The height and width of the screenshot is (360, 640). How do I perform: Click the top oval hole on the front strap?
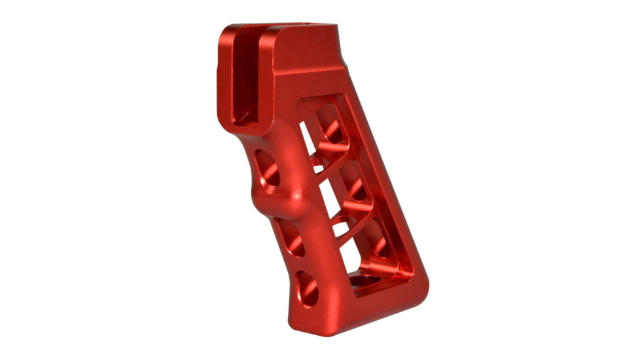click(267, 168)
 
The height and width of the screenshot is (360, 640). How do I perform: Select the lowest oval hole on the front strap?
click(307, 287)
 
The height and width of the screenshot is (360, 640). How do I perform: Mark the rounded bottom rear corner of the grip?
click(419, 288)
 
